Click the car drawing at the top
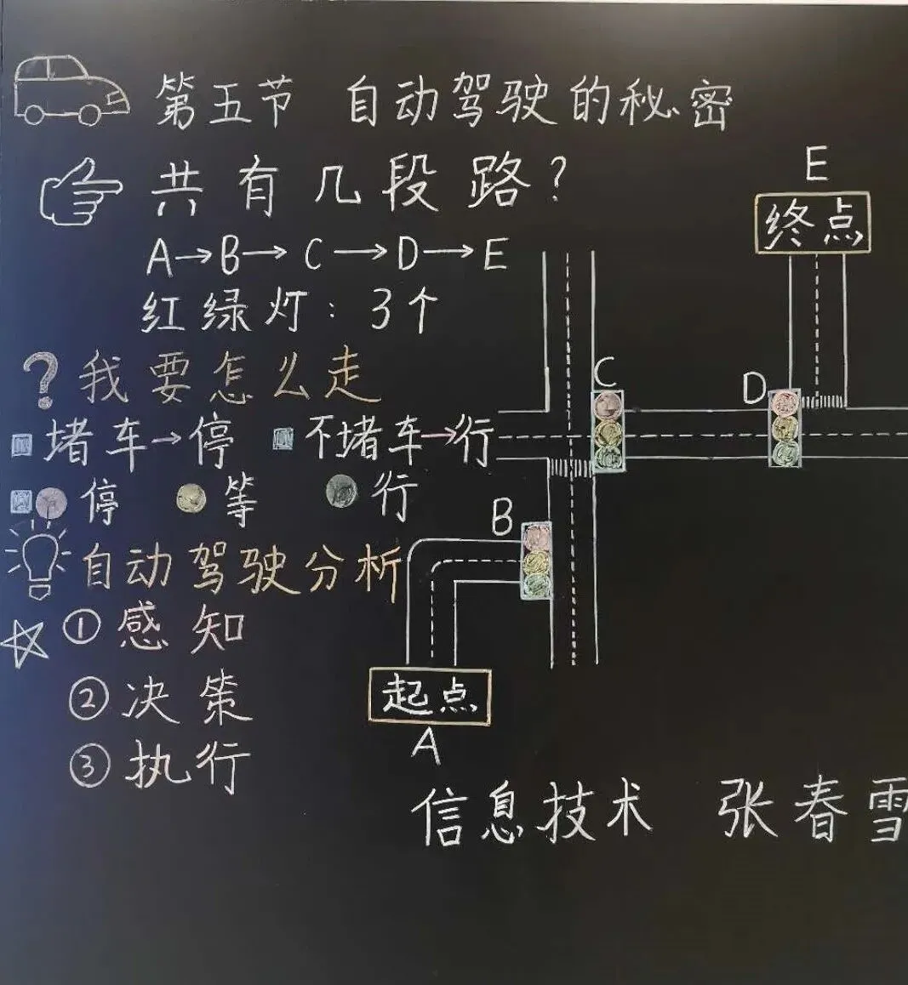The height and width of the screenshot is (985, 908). pos(71,91)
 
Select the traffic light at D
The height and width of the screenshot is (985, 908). pos(785,428)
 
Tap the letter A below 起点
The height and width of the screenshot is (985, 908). pos(426,747)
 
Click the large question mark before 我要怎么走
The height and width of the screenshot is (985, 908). pos(41,379)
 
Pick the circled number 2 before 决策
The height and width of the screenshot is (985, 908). pos(89,700)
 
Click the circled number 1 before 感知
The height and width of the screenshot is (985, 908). pos(83,629)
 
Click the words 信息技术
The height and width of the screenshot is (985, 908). pos(533,814)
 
